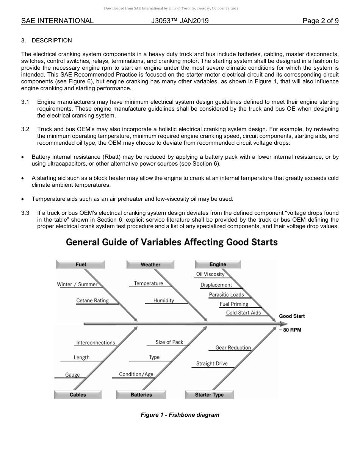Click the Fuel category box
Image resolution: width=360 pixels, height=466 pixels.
click(x=81, y=264)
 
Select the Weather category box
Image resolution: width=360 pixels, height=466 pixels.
click(x=150, y=264)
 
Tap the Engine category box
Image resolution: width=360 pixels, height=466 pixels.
click(x=218, y=264)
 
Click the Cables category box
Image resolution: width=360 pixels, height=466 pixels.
click(x=78, y=395)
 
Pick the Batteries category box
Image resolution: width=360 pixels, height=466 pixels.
click(x=141, y=395)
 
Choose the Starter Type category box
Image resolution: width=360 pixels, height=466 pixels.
click(x=209, y=395)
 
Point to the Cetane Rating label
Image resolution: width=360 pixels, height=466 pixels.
click(x=92, y=300)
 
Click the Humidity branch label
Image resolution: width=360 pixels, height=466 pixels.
click(x=164, y=300)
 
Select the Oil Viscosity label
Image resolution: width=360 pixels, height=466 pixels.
click(x=210, y=274)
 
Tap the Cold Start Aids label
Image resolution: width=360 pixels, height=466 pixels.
click(x=243, y=313)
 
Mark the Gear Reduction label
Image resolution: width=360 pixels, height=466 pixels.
click(x=233, y=347)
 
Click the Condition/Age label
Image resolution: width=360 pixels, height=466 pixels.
click(x=136, y=374)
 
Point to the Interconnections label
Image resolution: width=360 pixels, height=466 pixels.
click(x=95, y=342)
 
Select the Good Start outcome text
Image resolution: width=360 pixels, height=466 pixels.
click(x=292, y=316)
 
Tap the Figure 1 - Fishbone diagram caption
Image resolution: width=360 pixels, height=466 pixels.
click(x=180, y=415)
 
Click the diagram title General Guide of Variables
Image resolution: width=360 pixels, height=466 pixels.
click(x=172, y=242)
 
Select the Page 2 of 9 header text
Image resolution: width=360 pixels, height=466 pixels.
click(x=321, y=21)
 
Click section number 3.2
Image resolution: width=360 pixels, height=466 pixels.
click(x=25, y=130)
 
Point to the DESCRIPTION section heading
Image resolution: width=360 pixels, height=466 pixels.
click(x=52, y=41)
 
